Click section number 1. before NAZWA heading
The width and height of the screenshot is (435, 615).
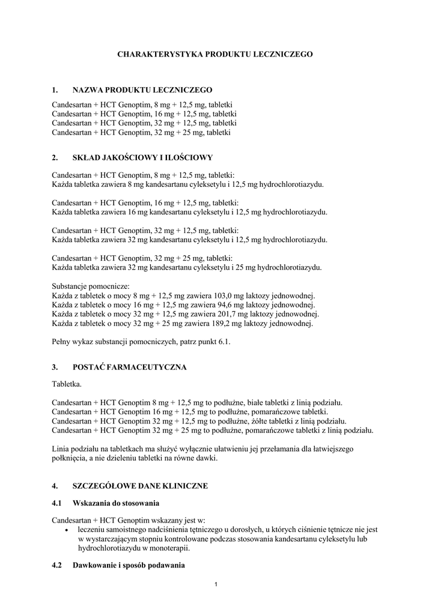click(x=55, y=90)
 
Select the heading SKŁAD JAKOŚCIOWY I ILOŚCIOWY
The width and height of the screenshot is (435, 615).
click(x=142, y=158)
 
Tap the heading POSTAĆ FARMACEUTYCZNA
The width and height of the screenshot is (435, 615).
click(x=130, y=366)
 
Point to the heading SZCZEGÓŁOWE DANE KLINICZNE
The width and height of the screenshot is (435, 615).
click(x=141, y=485)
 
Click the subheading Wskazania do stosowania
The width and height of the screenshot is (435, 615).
click(x=115, y=502)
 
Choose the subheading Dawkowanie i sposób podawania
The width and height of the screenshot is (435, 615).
click(x=128, y=566)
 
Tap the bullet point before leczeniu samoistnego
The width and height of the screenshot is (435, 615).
click(x=65, y=530)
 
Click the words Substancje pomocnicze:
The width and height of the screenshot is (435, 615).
click(x=91, y=287)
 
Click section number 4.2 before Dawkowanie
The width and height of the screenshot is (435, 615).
click(x=57, y=566)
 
